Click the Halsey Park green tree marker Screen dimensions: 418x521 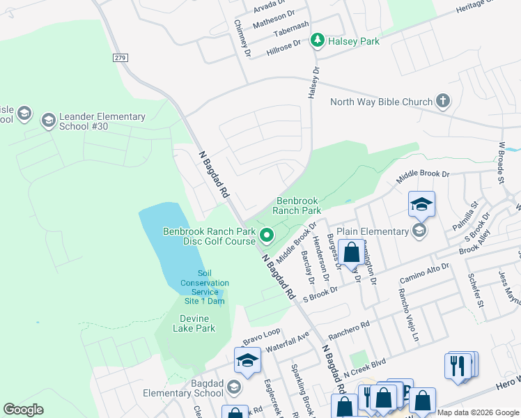[318, 41]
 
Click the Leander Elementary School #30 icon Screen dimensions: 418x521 [48, 121]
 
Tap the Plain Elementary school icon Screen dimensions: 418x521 [419, 231]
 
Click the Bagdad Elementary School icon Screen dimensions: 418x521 [234, 387]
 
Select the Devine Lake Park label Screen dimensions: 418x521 [194, 323]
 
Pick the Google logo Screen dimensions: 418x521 [23, 410]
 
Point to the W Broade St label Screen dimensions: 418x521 [500, 164]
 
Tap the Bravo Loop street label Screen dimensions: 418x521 [261, 336]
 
